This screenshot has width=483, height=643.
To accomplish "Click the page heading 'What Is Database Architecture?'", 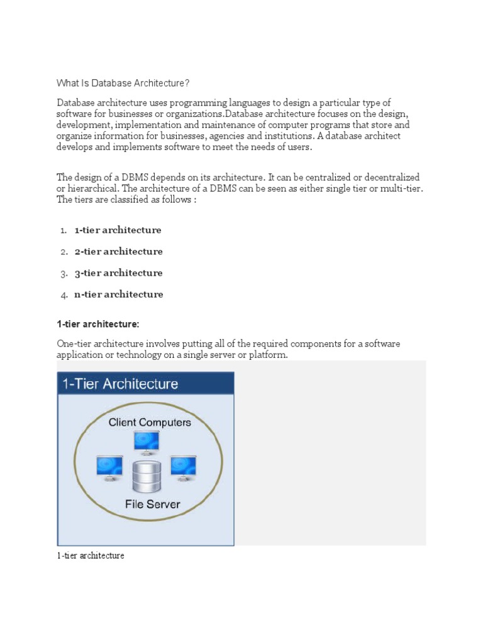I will (x=123, y=84).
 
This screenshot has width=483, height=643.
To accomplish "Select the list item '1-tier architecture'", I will (x=118, y=230).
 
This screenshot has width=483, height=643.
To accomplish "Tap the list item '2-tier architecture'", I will (x=118, y=251).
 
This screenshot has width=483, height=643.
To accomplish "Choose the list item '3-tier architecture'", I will (x=118, y=273).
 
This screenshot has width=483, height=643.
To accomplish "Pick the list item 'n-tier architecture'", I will (x=118, y=294).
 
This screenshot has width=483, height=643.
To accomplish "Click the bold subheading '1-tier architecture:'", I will (x=97, y=323).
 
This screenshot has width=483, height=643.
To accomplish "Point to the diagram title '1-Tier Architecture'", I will (x=119, y=384).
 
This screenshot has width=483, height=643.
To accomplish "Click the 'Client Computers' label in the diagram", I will (x=150, y=423).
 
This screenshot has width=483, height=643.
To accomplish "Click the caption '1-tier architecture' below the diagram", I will (x=91, y=556).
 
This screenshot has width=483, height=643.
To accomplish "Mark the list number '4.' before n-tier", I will (x=64, y=294).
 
